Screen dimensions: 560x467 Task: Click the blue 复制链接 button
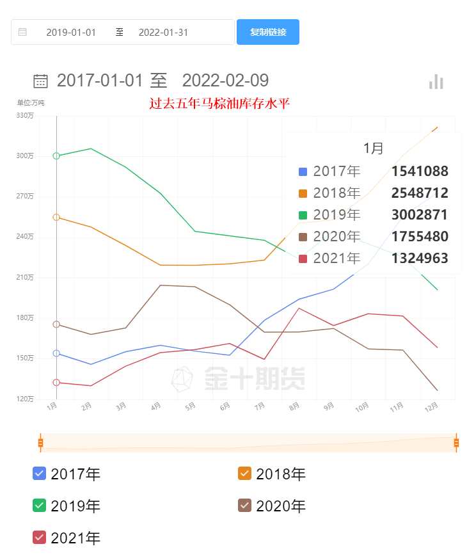click(267, 32)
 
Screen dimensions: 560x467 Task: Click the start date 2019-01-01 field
click(71, 32)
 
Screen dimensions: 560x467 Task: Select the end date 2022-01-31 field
click(163, 32)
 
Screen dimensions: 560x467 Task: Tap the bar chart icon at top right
click(436, 82)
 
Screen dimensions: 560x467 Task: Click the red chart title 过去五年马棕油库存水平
click(219, 103)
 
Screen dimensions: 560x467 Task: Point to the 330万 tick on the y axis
click(26, 116)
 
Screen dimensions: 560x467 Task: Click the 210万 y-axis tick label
click(26, 277)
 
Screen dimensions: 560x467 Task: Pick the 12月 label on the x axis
click(432, 406)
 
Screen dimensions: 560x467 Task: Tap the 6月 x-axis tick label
click(225, 406)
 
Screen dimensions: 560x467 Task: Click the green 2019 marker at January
click(56, 156)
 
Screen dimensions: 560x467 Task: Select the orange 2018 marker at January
click(56, 217)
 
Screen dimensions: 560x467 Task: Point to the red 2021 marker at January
click(56, 383)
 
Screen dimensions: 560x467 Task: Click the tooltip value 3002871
click(420, 214)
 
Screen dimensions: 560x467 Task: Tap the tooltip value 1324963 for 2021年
click(420, 258)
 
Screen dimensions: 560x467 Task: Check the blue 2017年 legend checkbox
click(40, 474)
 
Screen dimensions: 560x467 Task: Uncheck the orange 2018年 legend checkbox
click(245, 474)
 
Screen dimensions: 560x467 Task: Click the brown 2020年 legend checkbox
click(245, 506)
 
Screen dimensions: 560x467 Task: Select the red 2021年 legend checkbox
click(40, 538)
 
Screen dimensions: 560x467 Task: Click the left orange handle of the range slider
click(40, 442)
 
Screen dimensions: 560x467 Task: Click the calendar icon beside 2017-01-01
click(40, 81)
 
